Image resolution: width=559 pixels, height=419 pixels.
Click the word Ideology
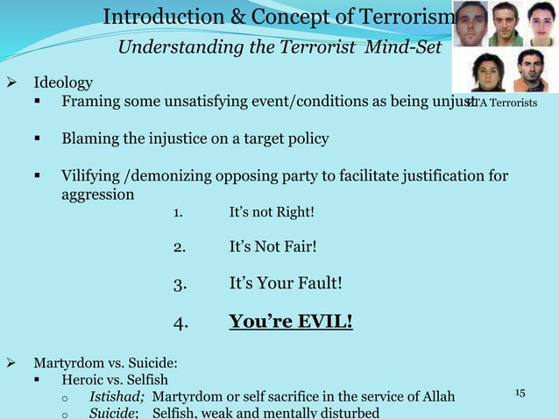63,84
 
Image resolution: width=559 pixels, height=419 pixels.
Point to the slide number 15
519,391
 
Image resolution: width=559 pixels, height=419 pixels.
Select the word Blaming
90,139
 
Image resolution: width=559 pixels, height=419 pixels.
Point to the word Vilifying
94,176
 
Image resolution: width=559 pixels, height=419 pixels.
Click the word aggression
97,194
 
